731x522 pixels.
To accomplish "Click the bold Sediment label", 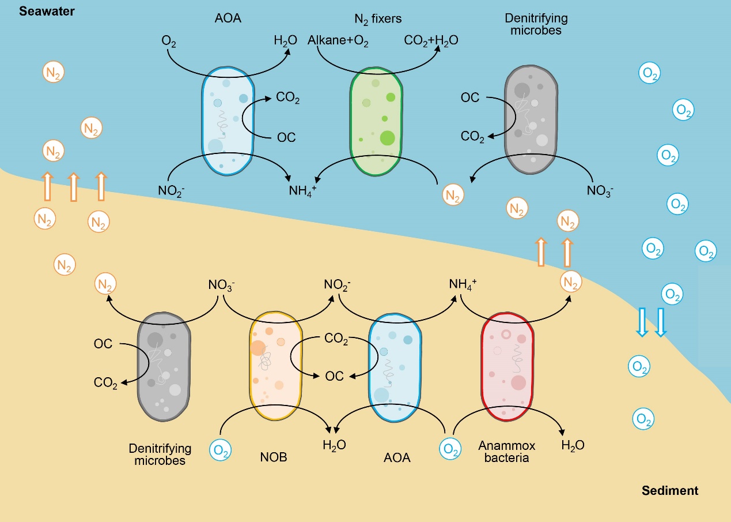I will click(x=669, y=491).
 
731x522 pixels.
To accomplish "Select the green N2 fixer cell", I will click(x=376, y=121).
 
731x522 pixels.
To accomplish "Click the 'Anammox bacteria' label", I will click(x=506, y=452).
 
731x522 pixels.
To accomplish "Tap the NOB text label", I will click(x=274, y=457).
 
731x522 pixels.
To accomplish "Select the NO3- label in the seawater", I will click(x=600, y=190).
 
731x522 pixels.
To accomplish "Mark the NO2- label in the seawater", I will click(x=171, y=190).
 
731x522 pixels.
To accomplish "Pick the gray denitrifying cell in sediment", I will click(x=164, y=367).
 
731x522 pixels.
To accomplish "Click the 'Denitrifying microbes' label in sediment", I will click(x=160, y=454).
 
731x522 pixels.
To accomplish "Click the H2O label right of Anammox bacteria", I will click(x=573, y=445).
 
